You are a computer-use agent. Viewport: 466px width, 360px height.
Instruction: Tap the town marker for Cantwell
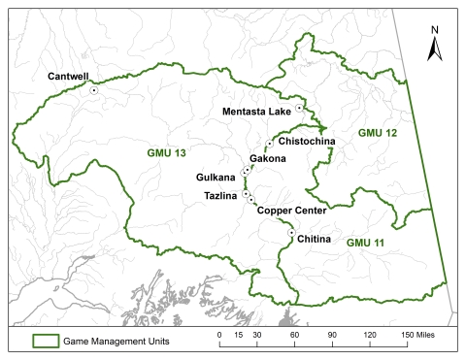click(94, 90)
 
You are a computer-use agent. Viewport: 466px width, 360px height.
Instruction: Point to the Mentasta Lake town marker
click(299, 108)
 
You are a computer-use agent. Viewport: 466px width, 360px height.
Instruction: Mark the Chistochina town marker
click(269, 143)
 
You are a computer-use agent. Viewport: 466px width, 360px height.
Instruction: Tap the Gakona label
click(267, 158)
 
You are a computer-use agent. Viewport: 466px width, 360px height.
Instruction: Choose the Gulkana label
click(216, 179)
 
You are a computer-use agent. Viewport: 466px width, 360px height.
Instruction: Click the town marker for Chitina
click(291, 232)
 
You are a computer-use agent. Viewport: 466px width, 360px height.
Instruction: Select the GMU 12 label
click(377, 131)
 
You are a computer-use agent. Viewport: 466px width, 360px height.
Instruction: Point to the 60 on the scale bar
click(294, 333)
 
